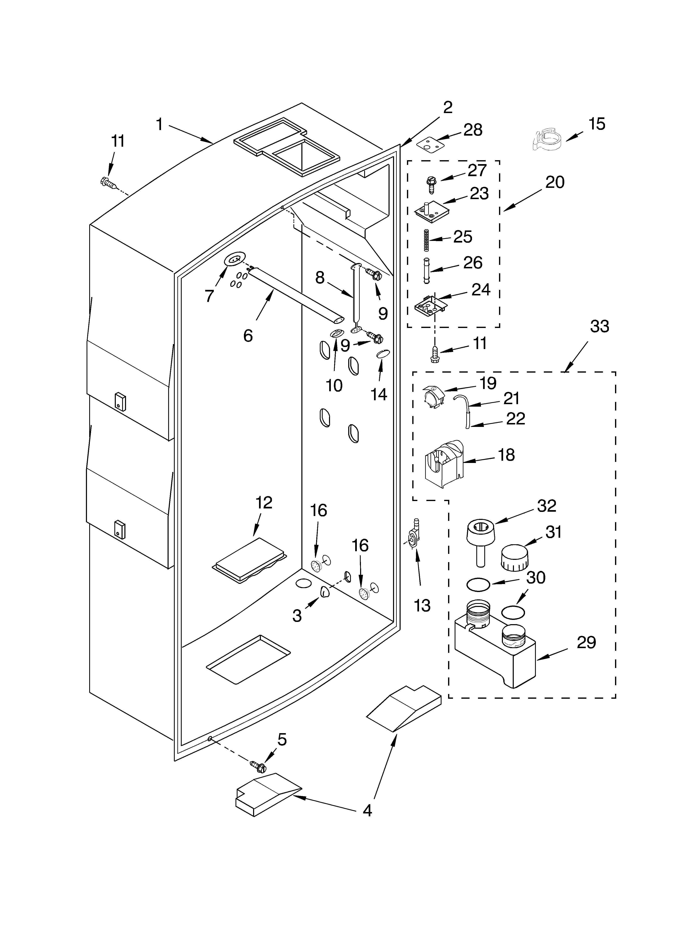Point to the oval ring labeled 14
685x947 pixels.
pos(383,354)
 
